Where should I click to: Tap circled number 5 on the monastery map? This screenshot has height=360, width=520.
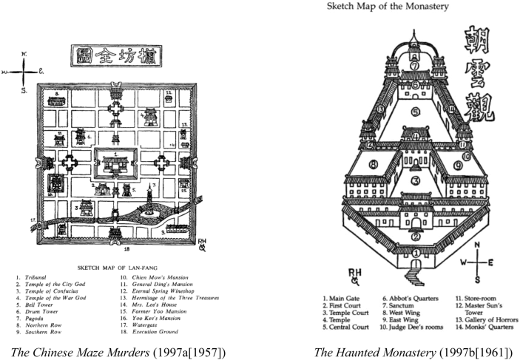pyautogui.click(x=416, y=112)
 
